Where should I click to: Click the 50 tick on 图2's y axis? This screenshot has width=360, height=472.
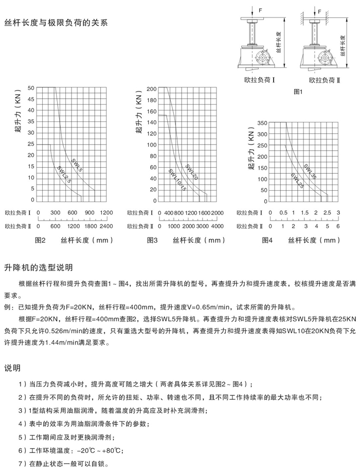click(x=31, y=88)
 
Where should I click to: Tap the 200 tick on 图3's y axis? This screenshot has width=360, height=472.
click(x=151, y=89)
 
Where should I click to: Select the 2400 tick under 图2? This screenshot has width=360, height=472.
click(x=106, y=226)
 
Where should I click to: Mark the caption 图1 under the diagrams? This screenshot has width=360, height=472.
click(x=299, y=91)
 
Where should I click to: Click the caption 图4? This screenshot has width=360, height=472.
click(x=267, y=240)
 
